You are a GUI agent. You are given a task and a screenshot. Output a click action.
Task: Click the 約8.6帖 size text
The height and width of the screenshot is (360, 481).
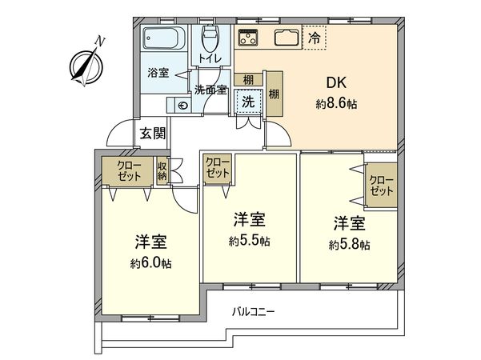pyautogui.click(x=337, y=104)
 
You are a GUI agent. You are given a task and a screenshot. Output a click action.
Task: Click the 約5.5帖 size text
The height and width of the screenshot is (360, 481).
pyautogui.click(x=250, y=240)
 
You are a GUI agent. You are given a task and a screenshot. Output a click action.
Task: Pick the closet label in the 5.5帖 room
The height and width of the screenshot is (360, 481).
pyautogui.click(x=217, y=168)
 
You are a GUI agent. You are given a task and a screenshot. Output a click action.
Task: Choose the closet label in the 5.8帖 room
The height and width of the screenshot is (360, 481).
pyautogui.click(x=380, y=186)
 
